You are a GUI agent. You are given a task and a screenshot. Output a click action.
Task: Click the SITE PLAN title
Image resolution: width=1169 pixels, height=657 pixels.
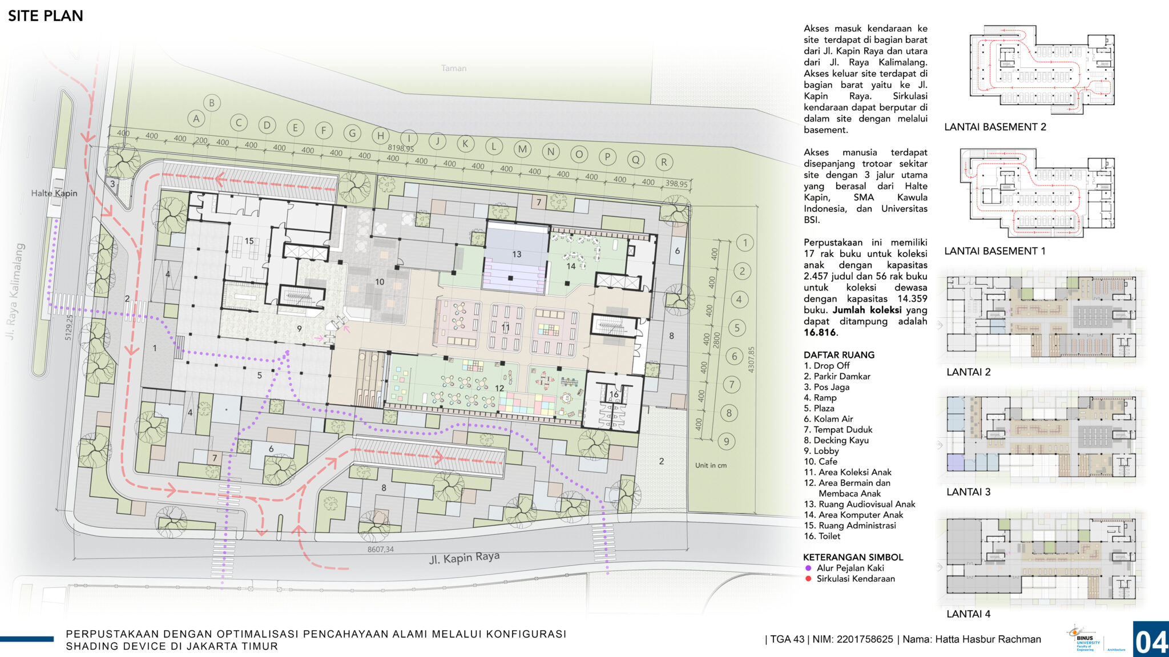(46, 16)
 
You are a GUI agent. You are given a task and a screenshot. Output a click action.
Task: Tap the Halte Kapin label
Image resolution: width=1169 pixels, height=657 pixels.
(54, 194)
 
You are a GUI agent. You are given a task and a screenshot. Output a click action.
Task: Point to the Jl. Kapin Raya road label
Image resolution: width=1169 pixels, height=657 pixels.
(464, 558)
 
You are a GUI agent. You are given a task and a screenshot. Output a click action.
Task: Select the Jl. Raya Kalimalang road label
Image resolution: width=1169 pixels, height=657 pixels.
(15, 291)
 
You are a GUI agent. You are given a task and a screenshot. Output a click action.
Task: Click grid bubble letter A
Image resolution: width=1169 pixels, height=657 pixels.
(196, 119)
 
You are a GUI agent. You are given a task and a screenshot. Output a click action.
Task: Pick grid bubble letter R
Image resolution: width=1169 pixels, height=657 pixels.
(664, 162)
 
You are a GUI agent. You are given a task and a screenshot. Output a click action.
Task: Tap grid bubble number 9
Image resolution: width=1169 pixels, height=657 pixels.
(727, 441)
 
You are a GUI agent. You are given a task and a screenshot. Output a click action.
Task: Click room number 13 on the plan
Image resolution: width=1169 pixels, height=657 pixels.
(517, 255)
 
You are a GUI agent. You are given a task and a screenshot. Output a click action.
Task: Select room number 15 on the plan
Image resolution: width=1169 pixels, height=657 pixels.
(249, 241)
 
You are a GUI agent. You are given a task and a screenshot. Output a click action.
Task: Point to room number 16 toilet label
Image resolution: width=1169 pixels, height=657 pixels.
(614, 394)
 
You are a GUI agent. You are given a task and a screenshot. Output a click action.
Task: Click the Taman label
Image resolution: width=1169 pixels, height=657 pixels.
(454, 68)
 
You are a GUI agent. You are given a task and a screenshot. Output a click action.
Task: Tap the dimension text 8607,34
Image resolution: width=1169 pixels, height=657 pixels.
(380, 550)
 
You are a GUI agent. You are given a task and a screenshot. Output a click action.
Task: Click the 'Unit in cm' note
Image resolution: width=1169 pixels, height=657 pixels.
(711, 465)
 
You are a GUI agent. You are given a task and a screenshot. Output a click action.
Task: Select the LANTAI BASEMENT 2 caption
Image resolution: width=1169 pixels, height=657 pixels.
(995, 127)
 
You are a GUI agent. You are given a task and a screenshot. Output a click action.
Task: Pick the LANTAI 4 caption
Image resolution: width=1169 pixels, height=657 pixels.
(968, 614)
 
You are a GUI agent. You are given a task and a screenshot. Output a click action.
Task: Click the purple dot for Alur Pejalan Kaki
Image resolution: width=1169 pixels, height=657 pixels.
(808, 569)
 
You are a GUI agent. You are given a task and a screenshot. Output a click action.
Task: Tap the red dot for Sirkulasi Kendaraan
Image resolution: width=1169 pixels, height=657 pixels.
(808, 579)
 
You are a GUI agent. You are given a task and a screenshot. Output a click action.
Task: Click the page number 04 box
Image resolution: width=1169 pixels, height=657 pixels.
(1151, 640)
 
